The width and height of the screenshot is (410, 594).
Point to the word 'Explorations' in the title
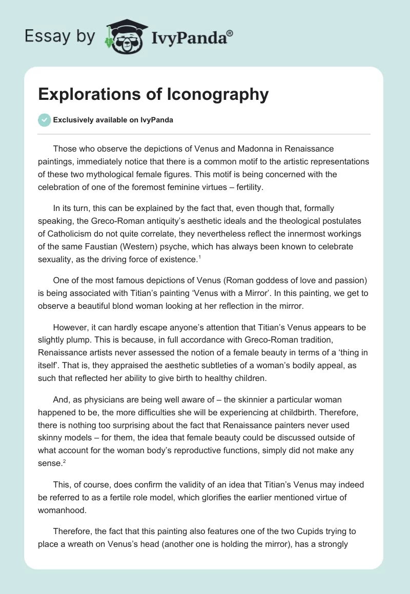point(90,95)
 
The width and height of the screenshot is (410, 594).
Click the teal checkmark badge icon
point(44,120)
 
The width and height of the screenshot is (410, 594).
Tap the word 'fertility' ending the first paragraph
point(246,187)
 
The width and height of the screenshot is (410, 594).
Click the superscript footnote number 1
point(200,257)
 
